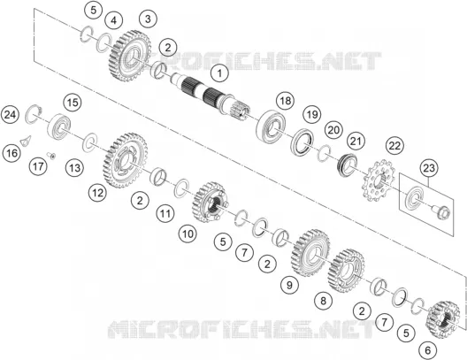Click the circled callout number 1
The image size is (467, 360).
point(220,73)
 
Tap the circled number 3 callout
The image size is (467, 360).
point(148,19)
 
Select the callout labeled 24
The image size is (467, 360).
point(10,115)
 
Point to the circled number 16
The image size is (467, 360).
point(11,153)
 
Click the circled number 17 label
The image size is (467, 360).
point(38,166)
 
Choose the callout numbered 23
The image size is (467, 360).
point(429,168)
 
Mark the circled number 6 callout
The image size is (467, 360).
point(428,350)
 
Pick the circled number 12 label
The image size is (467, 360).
point(97,193)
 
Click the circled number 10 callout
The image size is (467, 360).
point(188,234)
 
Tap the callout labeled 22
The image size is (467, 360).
point(395,146)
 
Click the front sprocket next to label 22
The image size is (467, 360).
point(378,180)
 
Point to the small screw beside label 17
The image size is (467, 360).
point(51,155)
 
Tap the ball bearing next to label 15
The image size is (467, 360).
point(59,126)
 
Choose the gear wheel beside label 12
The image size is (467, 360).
point(126,160)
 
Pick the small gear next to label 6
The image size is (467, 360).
point(443,319)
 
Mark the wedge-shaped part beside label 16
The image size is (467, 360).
point(26,141)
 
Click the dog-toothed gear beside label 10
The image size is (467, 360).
point(209,203)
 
